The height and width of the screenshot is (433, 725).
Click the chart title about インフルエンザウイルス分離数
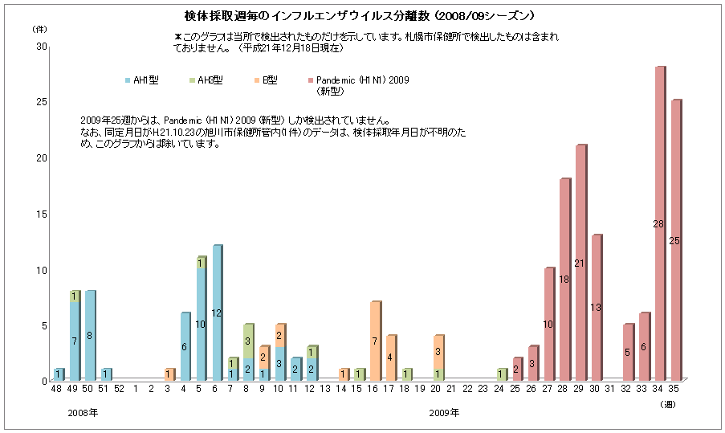tap(360, 16)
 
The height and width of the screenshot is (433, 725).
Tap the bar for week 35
tap(675, 240)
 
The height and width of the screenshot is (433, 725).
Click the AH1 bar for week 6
tap(217, 312)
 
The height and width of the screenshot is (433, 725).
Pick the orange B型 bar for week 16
tap(375, 341)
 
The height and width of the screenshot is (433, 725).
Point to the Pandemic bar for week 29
tap(580, 263)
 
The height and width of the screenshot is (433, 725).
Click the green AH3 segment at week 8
tap(249, 341)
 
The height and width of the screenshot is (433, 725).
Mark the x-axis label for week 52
tap(119, 390)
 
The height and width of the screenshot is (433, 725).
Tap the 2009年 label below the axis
tap(444, 413)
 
